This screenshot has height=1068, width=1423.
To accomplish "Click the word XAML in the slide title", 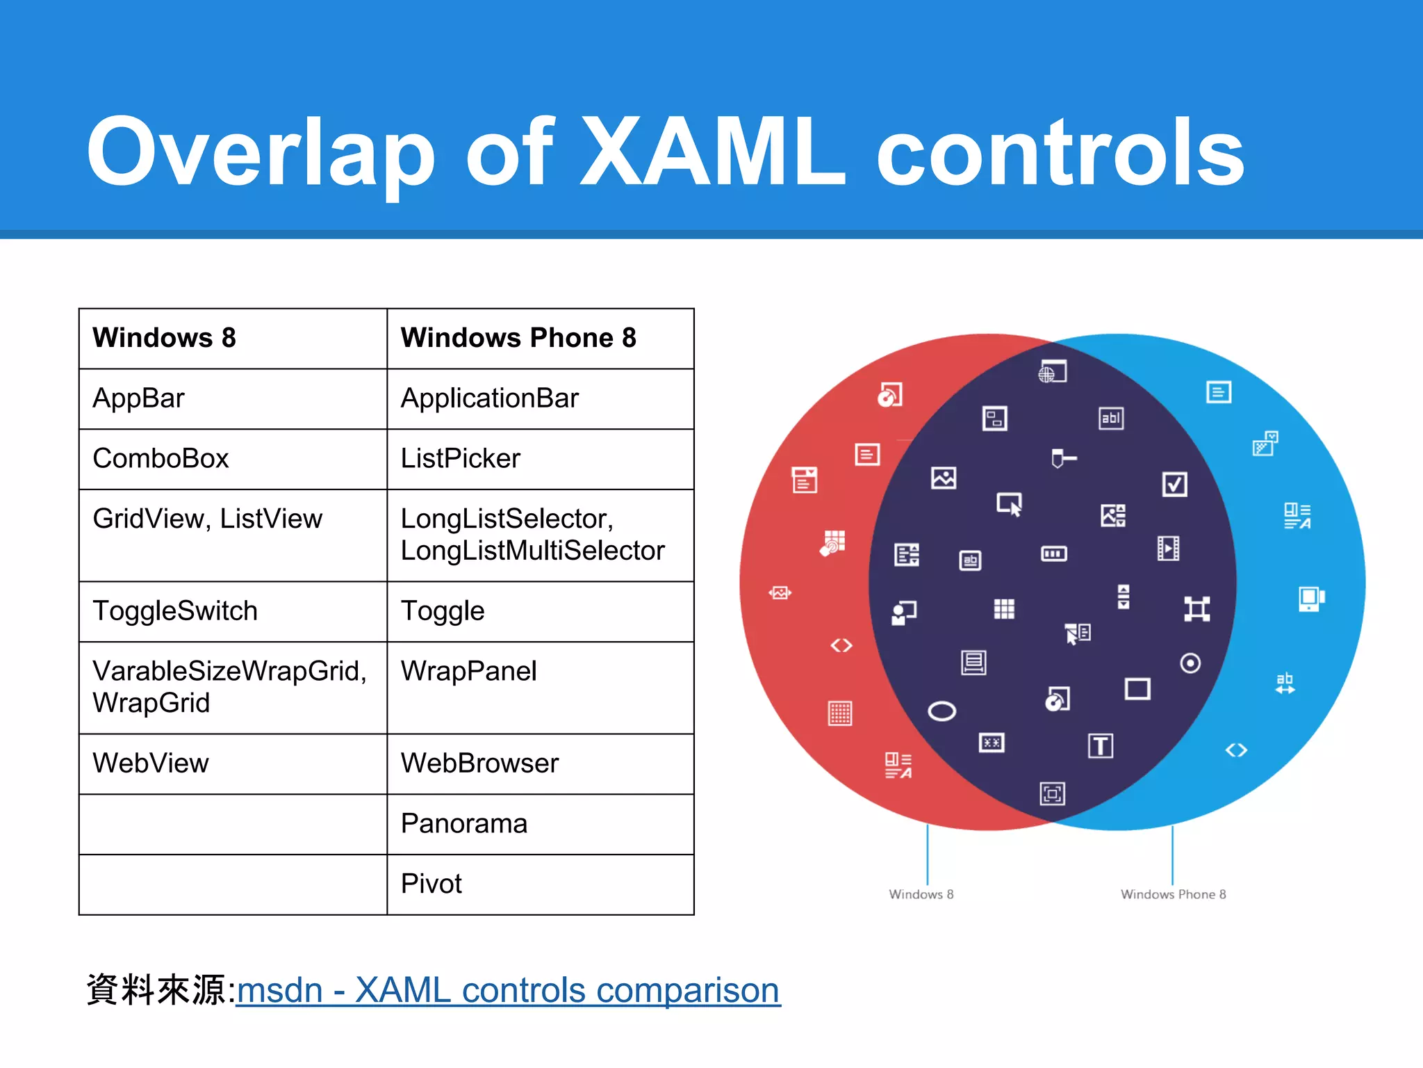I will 712,152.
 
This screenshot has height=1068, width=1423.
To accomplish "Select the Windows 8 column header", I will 165,338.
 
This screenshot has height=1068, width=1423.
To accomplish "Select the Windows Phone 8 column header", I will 518,338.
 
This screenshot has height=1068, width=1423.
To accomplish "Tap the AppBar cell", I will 139,398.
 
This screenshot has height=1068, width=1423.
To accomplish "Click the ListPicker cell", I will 460,459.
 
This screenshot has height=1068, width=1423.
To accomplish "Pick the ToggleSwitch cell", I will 175,611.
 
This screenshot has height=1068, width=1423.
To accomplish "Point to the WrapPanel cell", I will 468,672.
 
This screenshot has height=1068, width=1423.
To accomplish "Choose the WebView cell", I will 151,763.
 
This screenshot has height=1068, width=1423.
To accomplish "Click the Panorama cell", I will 463,824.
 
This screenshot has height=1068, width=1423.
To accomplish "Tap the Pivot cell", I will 431,884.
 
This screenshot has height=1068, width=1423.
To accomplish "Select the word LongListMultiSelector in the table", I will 532,551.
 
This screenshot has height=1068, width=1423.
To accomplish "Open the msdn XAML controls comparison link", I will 508,990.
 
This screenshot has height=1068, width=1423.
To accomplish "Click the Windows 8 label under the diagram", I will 921,894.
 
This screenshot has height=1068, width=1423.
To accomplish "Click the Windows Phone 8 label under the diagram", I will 1173,894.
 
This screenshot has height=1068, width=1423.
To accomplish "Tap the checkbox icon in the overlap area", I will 1174,484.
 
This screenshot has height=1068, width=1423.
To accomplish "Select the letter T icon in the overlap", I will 1100,746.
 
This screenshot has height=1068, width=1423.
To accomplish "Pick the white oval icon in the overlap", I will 941,711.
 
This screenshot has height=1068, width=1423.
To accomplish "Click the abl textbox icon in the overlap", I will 1110,418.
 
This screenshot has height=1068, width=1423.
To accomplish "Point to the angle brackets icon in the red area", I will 841,646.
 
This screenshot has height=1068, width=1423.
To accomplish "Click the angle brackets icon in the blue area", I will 1236,750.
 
